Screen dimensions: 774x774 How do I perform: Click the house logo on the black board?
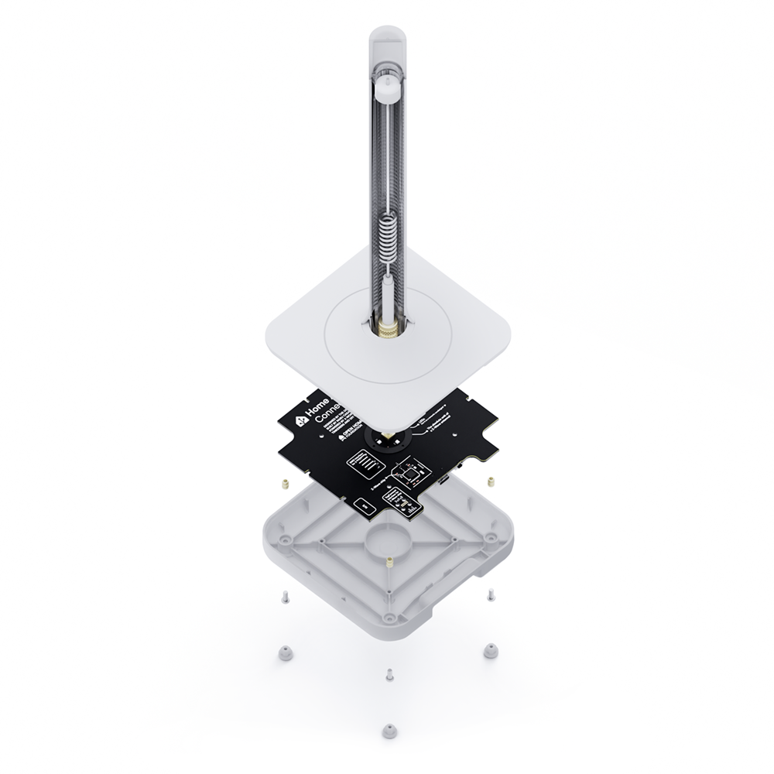point(300,423)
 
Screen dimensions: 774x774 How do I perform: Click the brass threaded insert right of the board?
point(491,481)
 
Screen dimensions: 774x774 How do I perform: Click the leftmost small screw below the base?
point(285,597)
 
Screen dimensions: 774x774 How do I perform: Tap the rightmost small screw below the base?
point(491,594)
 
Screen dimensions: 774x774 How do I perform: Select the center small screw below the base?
point(389,675)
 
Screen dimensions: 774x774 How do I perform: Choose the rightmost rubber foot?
point(490,651)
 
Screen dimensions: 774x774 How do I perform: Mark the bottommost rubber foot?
point(389,730)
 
